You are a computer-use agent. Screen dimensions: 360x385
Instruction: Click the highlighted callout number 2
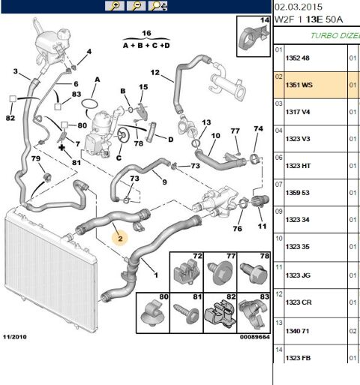point(120,239)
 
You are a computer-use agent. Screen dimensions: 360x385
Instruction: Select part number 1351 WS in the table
point(299,85)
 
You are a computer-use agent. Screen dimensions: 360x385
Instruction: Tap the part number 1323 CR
point(298,302)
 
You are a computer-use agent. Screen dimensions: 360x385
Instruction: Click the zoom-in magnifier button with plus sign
point(115,6)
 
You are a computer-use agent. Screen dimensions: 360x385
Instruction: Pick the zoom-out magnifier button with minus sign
point(136,6)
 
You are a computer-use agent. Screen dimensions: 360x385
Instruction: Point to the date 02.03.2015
point(298,7)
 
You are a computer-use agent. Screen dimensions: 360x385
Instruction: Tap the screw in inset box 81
point(187,314)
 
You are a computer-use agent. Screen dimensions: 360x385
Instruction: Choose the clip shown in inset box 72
point(187,272)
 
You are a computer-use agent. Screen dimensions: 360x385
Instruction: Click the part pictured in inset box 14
point(253,38)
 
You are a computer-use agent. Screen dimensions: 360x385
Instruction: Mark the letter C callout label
point(118,158)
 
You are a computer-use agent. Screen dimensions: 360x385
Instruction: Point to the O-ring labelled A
point(89,103)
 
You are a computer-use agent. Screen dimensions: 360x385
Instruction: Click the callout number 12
point(155,73)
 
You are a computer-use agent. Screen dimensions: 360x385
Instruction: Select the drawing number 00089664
point(255,337)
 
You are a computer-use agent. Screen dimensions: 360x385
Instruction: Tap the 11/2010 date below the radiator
point(15,337)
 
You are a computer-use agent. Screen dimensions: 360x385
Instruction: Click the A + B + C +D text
point(146,46)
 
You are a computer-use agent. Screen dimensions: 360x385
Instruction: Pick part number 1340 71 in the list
point(298,331)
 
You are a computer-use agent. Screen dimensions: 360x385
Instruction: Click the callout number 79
point(36,158)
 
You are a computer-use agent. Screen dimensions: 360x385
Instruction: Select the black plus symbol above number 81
point(61,148)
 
